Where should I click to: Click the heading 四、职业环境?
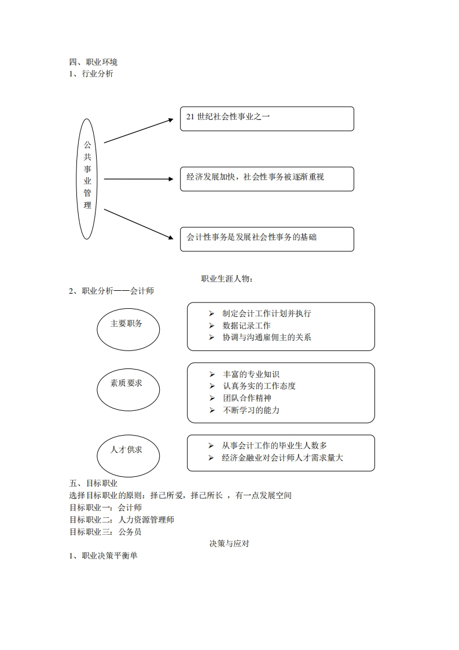(93, 62)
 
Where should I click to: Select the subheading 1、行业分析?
(91, 74)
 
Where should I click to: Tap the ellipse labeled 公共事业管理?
(87, 179)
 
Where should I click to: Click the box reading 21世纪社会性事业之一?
(266, 118)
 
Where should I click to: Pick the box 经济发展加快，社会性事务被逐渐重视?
(266, 178)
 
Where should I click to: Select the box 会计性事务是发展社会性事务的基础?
(266, 239)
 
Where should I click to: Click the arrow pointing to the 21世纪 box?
(138, 130)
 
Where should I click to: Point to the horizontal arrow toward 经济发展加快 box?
(138, 179)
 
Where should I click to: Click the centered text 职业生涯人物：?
(227, 279)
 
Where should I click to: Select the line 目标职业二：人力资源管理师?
(122, 520)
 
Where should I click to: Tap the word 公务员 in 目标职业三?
(130, 532)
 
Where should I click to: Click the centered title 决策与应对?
(229, 544)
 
